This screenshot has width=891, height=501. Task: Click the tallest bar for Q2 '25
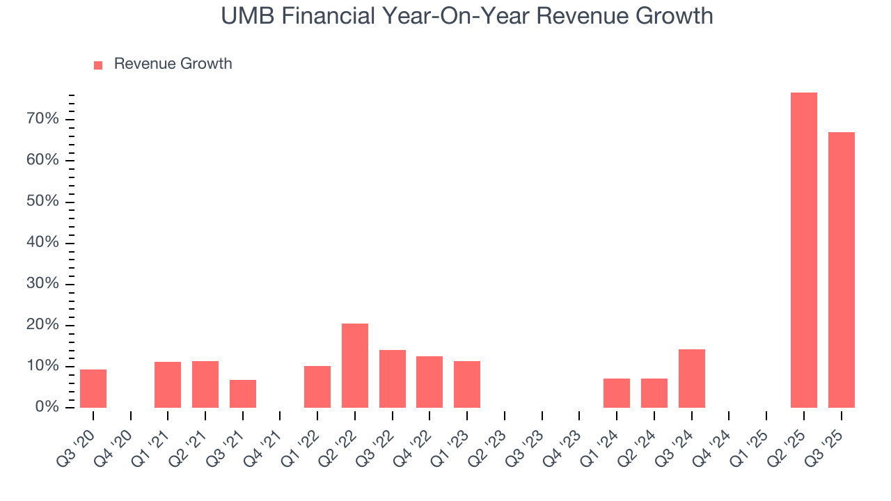click(x=803, y=250)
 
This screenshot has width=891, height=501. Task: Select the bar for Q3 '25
click(x=841, y=270)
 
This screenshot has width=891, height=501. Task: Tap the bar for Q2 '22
click(x=354, y=366)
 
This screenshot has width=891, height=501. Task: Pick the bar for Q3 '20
click(x=93, y=388)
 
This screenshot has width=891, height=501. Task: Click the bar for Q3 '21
click(x=243, y=394)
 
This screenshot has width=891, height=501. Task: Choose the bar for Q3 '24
click(x=691, y=379)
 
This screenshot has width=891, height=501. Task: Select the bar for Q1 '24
click(x=617, y=393)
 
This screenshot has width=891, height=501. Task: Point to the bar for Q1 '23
click(x=467, y=384)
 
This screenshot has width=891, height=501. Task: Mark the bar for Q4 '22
click(x=429, y=382)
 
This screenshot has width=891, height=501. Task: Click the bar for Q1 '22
click(x=317, y=387)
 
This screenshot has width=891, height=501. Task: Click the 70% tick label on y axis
click(x=43, y=119)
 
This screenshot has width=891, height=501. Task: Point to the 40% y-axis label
click(x=43, y=243)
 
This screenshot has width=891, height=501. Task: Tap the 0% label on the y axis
click(x=47, y=407)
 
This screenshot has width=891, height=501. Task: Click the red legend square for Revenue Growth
click(x=98, y=65)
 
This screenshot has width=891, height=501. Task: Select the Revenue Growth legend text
click(x=173, y=64)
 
